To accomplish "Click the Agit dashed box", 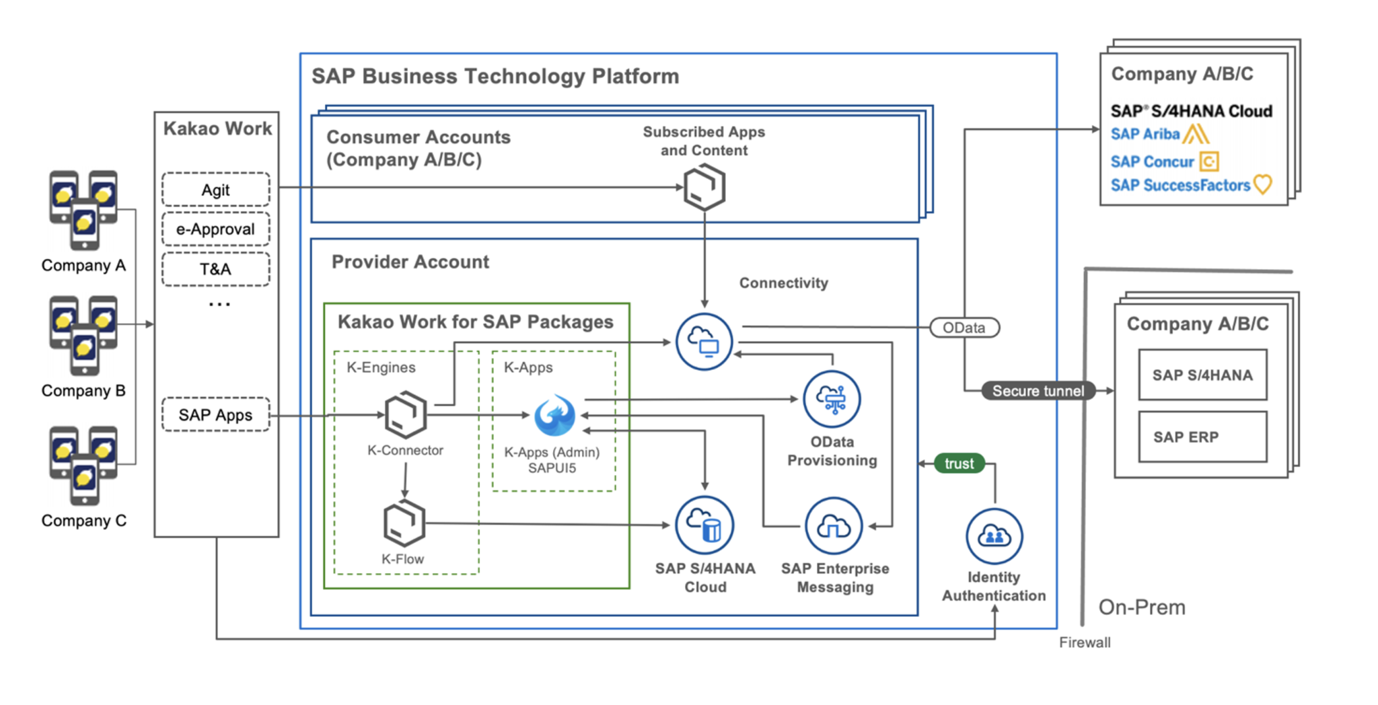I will (215, 190).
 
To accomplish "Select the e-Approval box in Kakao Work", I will (215, 229).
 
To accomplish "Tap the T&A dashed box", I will (215, 269).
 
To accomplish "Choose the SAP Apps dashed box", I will (215, 415).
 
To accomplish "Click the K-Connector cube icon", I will (405, 414).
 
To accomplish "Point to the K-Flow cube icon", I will (404, 523).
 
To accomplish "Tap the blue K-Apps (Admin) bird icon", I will (554, 416).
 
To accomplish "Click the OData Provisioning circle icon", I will (832, 400).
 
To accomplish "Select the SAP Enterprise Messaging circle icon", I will (834, 526).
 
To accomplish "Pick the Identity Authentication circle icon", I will (994, 536).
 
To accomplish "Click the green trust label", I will (959, 463).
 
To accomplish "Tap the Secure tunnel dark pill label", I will (1038, 391).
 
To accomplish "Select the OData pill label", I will (964, 328).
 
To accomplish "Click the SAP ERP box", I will (1202, 437).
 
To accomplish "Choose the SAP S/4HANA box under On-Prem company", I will (1202, 375).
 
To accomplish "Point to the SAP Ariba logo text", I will (1145, 135).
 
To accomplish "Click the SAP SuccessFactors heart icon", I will (1263, 184).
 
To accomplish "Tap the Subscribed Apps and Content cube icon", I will (704, 188).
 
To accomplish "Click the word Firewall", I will (1085, 642).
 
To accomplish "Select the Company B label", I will (83, 391).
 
